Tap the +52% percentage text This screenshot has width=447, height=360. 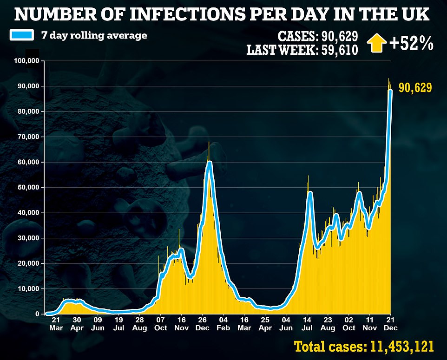(x=411, y=44)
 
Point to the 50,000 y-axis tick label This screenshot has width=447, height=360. (x=28, y=187)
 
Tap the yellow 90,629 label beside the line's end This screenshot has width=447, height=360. (x=415, y=87)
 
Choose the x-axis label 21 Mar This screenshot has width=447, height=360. (x=55, y=324)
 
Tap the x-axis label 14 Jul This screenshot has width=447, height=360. (x=307, y=324)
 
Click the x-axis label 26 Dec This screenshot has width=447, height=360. (x=202, y=324)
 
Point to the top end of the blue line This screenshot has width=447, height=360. (x=391, y=91)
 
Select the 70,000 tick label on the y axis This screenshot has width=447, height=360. (x=28, y=137)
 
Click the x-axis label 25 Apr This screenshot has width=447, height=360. (x=265, y=324)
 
